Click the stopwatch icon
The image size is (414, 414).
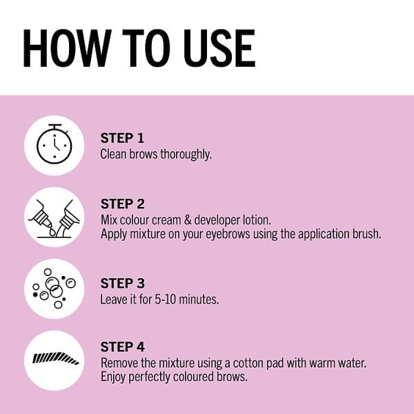(x=54, y=144)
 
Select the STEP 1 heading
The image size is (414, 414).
(x=122, y=138)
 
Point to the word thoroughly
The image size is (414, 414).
(x=186, y=154)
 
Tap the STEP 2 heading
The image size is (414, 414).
(x=123, y=204)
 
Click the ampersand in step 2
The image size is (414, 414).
(x=188, y=220)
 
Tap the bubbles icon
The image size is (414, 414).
(x=54, y=288)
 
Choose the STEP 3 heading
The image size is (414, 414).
(x=123, y=284)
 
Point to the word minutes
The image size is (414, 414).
(x=199, y=299)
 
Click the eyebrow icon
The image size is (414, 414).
(x=55, y=358)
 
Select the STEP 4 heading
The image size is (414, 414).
(x=123, y=346)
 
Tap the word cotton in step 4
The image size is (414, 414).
(x=248, y=364)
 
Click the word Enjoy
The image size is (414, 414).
(x=113, y=377)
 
